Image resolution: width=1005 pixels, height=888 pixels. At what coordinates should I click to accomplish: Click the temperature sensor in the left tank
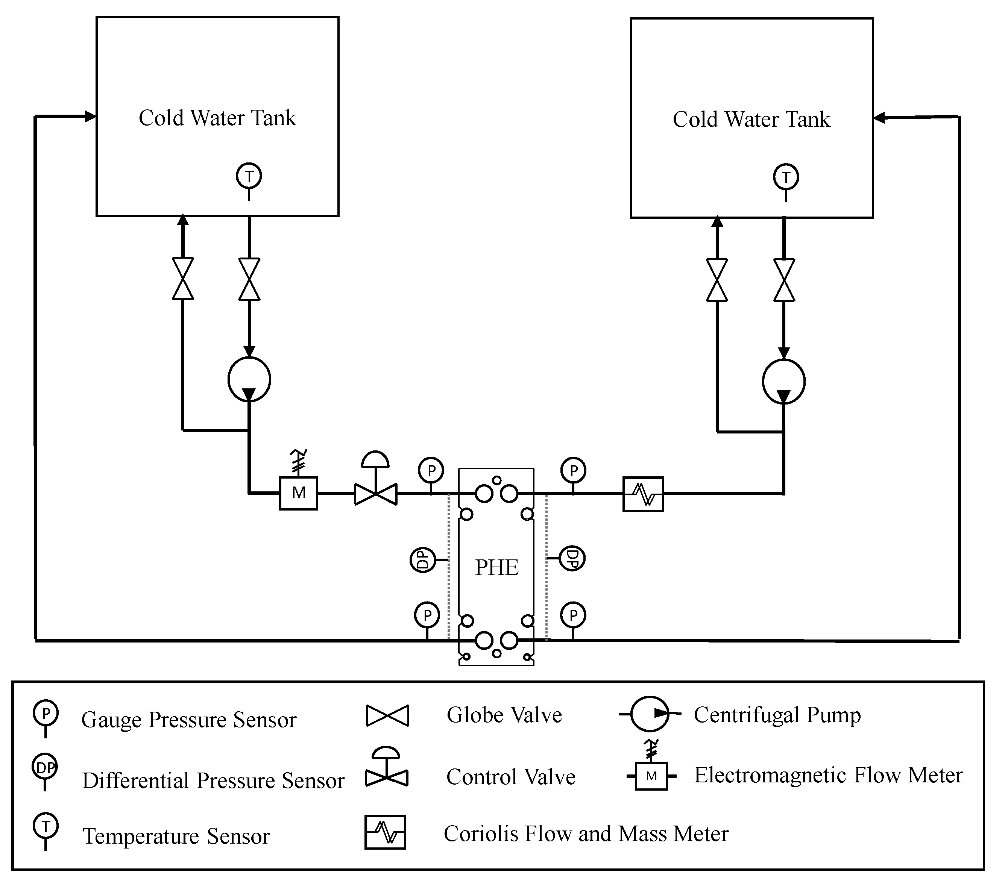[x=249, y=176]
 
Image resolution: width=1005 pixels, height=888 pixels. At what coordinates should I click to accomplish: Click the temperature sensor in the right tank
[x=786, y=177]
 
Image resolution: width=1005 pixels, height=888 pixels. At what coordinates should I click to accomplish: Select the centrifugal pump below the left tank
[x=249, y=379]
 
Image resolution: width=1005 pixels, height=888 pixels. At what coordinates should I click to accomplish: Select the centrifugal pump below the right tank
[x=784, y=381]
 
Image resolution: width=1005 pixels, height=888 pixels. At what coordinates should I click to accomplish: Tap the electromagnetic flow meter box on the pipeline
[x=298, y=493]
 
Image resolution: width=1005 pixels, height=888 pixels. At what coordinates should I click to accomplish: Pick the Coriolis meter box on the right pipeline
[x=643, y=494]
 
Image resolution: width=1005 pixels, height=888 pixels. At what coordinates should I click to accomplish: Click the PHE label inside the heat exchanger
[x=496, y=568]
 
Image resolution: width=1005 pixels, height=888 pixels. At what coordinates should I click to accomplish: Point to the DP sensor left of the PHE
[x=423, y=560]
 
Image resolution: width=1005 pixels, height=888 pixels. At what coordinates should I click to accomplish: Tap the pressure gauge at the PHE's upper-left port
[x=431, y=471]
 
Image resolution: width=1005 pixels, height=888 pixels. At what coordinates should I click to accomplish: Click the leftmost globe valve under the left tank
[x=183, y=279]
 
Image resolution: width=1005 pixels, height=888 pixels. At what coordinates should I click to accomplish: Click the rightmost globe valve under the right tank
[x=784, y=280]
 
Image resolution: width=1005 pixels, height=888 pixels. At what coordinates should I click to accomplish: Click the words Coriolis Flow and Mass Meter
[x=586, y=834]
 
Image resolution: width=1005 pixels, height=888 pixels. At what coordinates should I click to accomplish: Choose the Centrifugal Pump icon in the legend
[x=650, y=714]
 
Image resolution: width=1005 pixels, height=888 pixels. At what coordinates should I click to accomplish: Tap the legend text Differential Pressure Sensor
[x=213, y=780]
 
